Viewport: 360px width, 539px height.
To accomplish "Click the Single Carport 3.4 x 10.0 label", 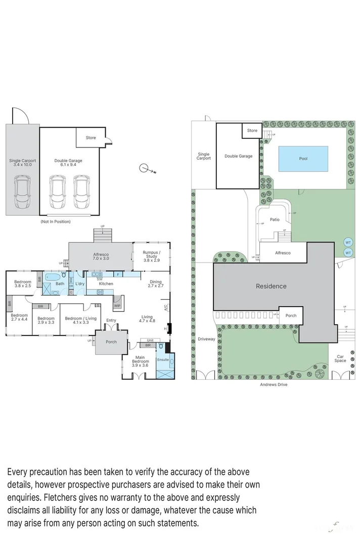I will tap(22, 163).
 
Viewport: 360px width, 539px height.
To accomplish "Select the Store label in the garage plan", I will tap(91, 137).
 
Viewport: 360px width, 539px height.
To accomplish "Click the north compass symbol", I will tap(145, 168).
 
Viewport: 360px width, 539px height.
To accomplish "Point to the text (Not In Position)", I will tap(55, 221).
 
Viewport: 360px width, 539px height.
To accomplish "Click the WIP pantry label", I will tap(117, 306).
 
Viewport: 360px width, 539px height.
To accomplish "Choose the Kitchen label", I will tap(106, 284).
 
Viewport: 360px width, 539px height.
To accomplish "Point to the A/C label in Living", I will tap(165, 307).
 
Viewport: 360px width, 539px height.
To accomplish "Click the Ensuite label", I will tap(163, 360).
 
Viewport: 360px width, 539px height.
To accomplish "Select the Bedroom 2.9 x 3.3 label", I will tap(46, 320).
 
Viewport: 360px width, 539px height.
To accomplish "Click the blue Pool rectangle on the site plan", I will tap(303, 159).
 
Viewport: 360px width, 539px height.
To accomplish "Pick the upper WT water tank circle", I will tap(348, 241).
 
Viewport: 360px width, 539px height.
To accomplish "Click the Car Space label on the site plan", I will tap(340, 358).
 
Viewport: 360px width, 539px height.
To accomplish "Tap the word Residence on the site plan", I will tap(271, 286).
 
